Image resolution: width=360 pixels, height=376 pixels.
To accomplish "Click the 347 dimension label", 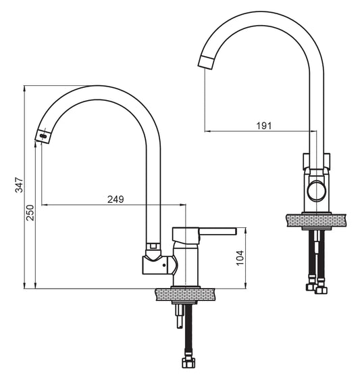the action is (19, 185).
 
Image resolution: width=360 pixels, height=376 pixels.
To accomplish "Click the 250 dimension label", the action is (30, 213).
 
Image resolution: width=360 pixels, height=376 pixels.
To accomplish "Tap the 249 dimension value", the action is (115, 199).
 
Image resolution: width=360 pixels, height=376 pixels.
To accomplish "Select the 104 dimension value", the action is (240, 258).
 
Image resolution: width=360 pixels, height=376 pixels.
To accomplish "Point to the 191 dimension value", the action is (264, 126).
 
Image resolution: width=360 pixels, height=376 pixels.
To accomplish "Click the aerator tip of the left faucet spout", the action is (43, 136).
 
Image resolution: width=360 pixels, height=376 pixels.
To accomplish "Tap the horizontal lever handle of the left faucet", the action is (218, 231).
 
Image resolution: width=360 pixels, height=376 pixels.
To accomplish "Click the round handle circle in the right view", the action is (317, 191).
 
